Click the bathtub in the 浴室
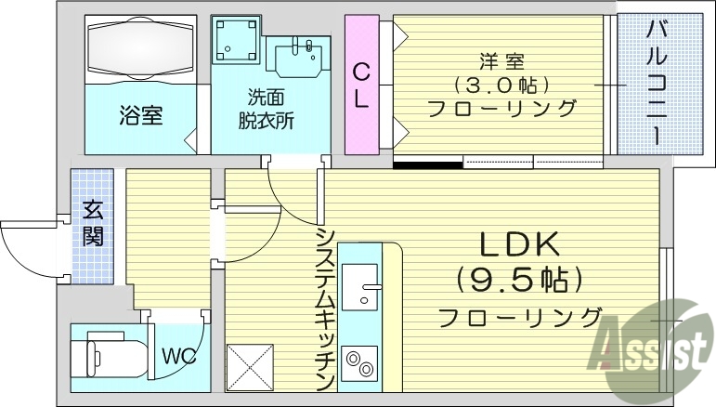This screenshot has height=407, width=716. pyautogui.click(x=141, y=48)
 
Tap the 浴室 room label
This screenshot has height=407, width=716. pyautogui.click(x=141, y=116)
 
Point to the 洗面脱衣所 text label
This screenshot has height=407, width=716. pyautogui.click(x=270, y=109)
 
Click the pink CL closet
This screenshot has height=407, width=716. pyautogui.click(x=361, y=84)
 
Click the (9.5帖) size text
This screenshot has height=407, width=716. pyautogui.click(x=519, y=279)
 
